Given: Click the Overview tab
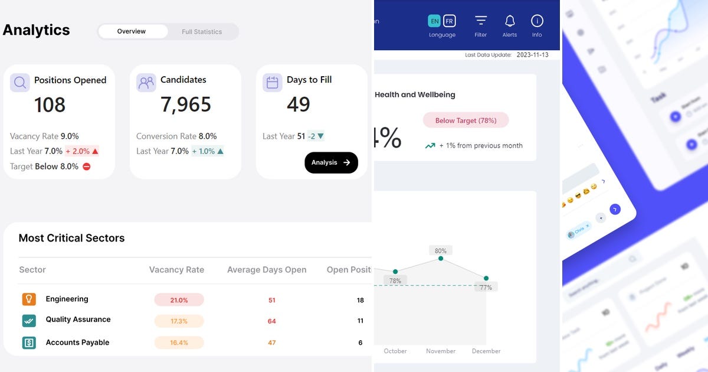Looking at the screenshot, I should coord(132,31).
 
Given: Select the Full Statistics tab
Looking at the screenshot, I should coord(202,32).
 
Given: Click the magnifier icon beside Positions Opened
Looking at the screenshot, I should coord(20,83).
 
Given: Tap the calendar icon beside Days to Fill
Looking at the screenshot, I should coord(273,83).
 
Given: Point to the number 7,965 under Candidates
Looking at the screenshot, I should coord(186,105).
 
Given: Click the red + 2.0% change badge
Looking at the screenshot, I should coord(81,151).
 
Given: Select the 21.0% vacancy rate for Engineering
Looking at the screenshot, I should coord(179,300).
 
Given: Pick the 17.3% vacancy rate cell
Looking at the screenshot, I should coord(179,321).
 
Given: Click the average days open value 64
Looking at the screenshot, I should coord(272,321).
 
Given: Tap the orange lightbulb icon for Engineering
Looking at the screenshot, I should coord(29,299).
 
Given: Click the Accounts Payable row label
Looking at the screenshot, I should coord(77,342).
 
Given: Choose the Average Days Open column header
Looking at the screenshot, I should coord(267,270).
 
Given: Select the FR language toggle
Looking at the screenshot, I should coord(450,21).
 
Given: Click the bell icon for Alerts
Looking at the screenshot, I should coord(510,21).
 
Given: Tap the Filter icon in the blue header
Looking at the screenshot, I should coord(481,21).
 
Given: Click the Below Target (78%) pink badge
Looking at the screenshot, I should coord(466,120).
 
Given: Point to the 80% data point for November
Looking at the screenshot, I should coord(441,259).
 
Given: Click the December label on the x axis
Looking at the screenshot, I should coord(486,351).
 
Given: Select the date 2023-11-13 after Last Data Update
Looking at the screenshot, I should coord(532,55).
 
